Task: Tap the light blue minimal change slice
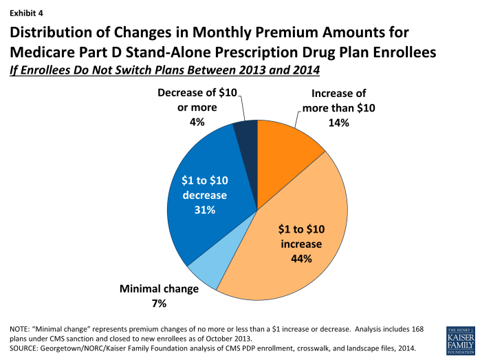point(205,272)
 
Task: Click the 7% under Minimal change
point(160,303)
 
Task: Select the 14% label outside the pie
point(339,123)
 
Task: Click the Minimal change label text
point(160,289)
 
